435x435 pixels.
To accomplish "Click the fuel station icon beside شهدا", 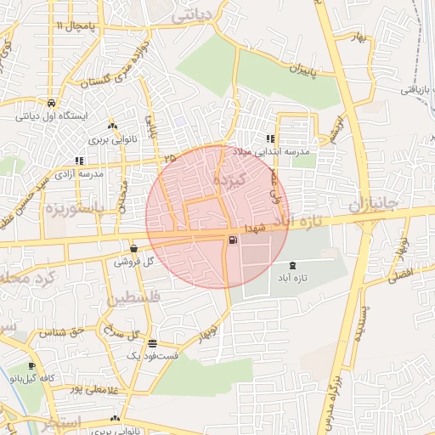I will pyautogui.click(x=234, y=240).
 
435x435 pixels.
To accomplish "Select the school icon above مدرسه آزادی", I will pyautogui.click(x=79, y=160).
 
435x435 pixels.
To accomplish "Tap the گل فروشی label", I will pyautogui.click(x=138, y=262).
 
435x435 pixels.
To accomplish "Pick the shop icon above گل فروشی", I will pyautogui.click(x=133, y=249).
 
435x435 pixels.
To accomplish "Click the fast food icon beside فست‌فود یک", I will pyautogui.click(x=152, y=344).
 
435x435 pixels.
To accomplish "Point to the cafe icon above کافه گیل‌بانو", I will pyautogui.click(x=32, y=366).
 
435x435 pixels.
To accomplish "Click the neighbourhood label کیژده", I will pyautogui.click(x=230, y=180).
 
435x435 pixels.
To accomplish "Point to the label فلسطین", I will pyautogui.click(x=131, y=300).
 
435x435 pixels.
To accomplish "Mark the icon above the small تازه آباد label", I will pyautogui.click(x=293, y=266).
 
